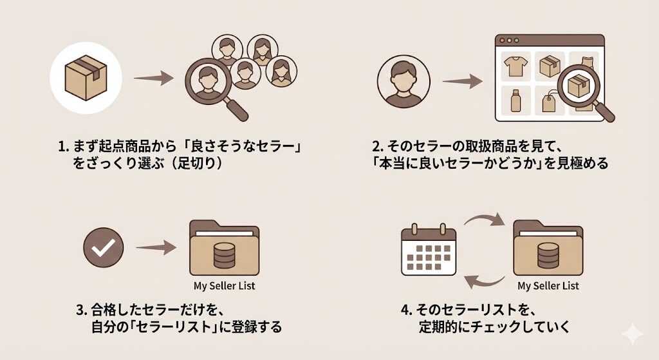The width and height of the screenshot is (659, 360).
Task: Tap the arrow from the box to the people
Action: (x=153, y=79)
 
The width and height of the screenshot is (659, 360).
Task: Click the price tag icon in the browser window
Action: (x=548, y=102)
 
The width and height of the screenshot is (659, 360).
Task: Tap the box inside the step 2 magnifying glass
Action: (x=578, y=84)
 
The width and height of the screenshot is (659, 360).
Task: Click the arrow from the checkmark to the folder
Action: (x=156, y=248)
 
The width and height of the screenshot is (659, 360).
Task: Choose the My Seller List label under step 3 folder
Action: (x=224, y=285)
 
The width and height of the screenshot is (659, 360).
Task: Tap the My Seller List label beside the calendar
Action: (x=548, y=285)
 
